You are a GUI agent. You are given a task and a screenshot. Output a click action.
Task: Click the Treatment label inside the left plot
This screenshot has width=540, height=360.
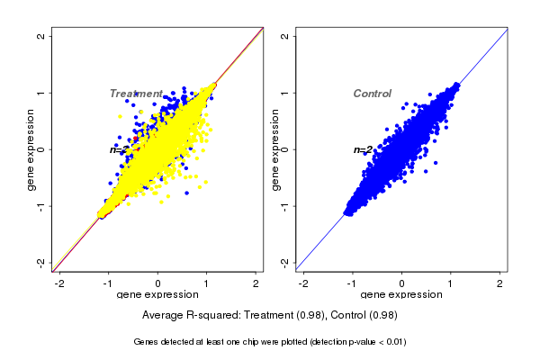(x=136, y=94)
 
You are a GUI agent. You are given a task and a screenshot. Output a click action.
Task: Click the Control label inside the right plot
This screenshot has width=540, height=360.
(x=372, y=94)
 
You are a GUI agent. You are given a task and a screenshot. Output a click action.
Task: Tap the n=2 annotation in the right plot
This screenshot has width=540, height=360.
(x=363, y=149)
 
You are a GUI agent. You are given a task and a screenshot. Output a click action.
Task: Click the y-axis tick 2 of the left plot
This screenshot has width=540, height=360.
(x=40, y=36)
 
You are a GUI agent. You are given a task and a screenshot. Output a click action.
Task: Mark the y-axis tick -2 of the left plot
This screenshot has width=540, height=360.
(x=40, y=262)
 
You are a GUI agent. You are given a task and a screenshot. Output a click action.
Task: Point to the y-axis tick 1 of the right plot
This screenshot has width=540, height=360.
(x=285, y=93)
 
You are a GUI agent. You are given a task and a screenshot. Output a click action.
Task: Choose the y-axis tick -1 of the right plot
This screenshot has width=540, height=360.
(x=285, y=205)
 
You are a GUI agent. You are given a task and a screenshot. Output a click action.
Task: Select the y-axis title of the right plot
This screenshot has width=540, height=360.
(x=275, y=149)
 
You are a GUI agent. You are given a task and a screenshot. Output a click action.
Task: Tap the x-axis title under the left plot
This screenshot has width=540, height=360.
(x=158, y=295)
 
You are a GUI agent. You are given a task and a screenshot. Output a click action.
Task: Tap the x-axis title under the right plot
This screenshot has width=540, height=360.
(x=402, y=295)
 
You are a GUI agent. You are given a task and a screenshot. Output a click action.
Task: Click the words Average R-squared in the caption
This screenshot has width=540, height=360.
(x=189, y=316)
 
